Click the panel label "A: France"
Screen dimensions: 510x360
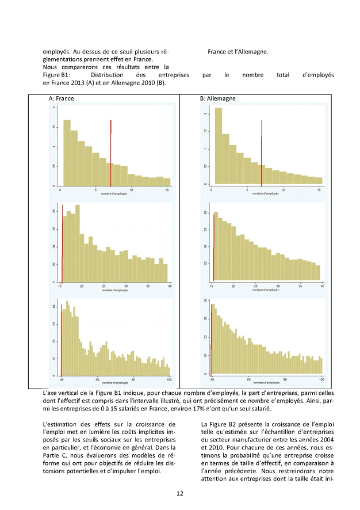[x=62, y=98]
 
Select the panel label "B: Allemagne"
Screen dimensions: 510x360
[x=218, y=98]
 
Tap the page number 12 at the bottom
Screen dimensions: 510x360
[x=180, y=493]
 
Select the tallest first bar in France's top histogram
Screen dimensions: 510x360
[x=67, y=153]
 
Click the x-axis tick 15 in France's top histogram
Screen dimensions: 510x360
[x=167, y=189]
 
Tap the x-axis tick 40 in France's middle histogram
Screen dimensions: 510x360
[x=170, y=286]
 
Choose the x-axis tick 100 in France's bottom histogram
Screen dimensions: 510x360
[x=169, y=380]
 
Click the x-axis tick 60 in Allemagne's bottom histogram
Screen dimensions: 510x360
[x=249, y=380]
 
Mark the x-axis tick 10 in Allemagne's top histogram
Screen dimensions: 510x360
[x=284, y=189]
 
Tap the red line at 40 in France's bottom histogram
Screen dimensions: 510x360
[x=62, y=345]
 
